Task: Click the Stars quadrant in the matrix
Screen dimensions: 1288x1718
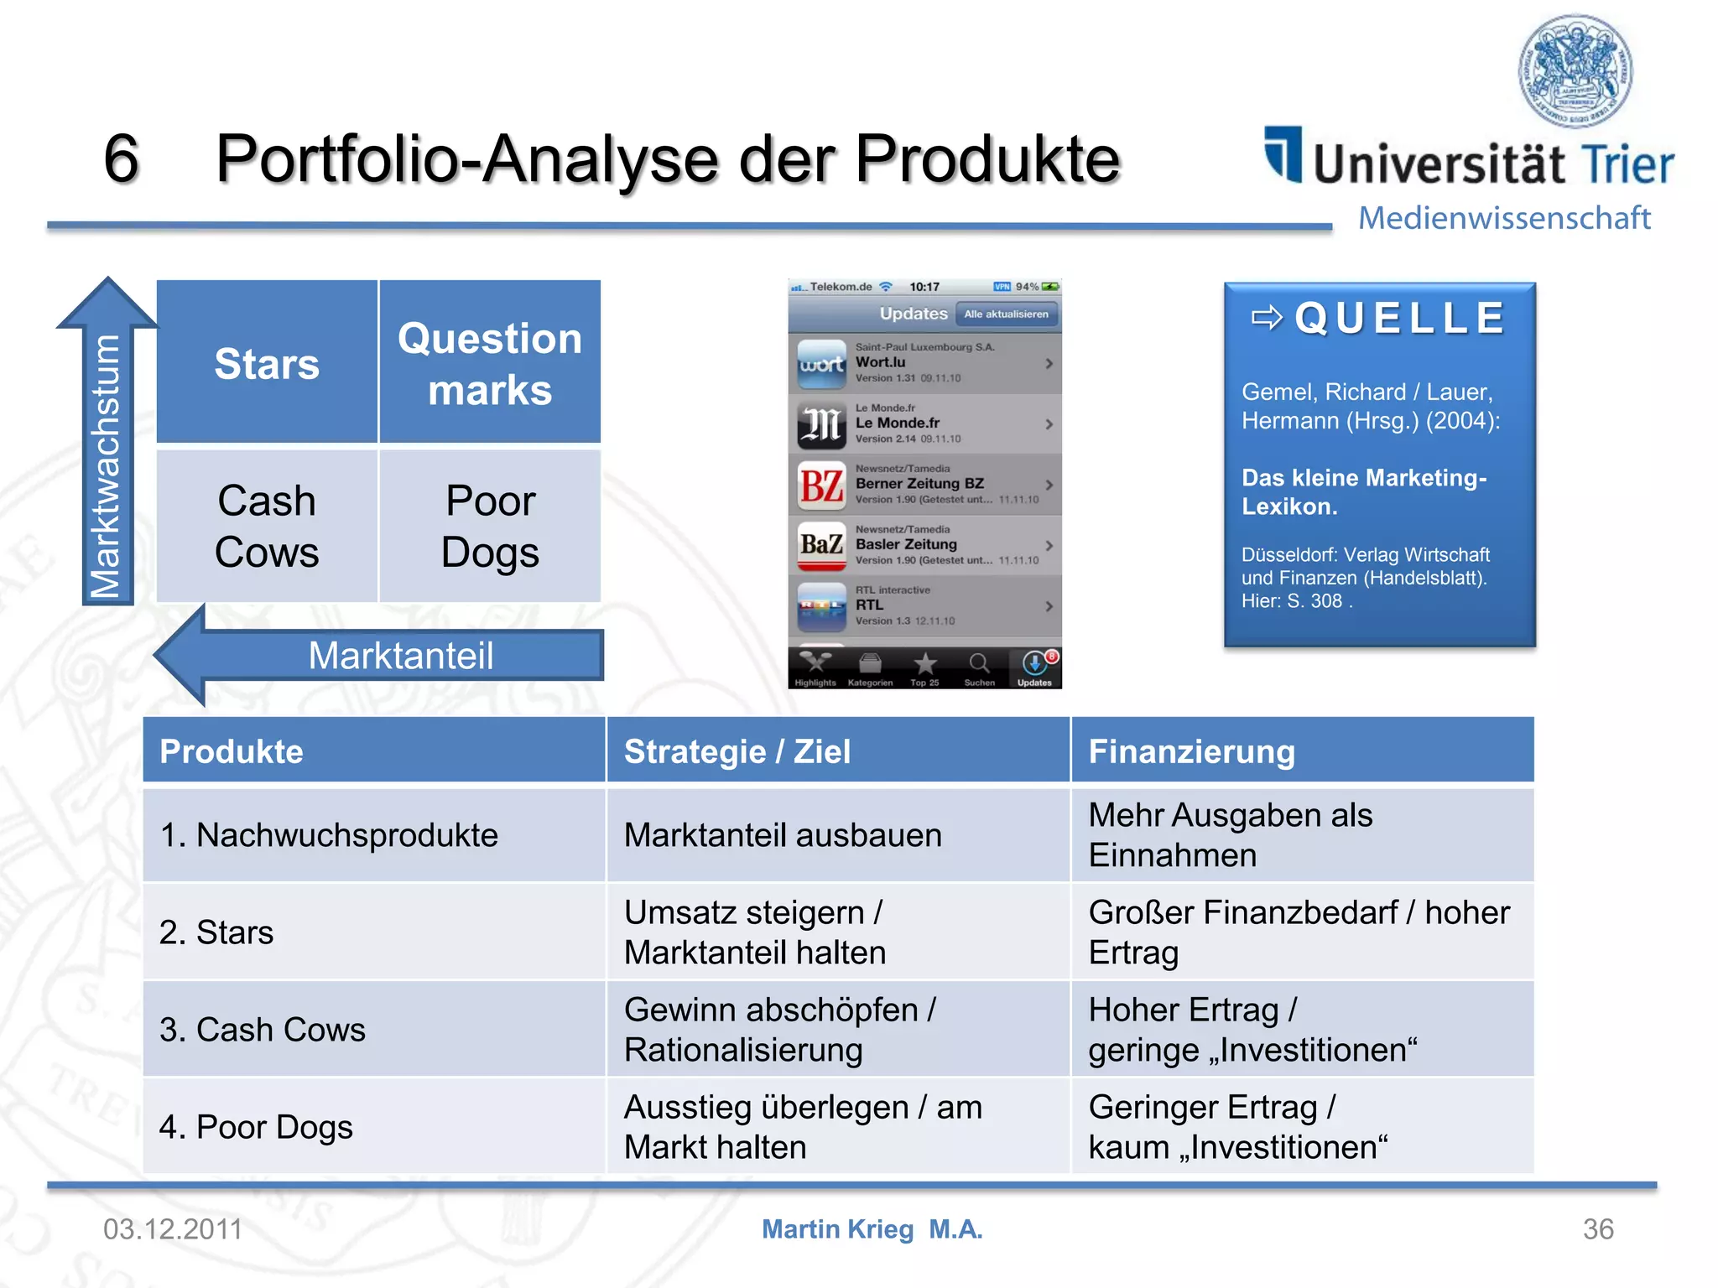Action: point(267,362)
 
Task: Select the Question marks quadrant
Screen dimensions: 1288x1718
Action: point(490,362)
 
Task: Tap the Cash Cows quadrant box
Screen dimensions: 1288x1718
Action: point(267,526)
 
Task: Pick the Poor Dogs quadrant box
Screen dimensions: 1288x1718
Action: point(490,526)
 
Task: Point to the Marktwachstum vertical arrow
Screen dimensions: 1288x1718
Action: point(107,453)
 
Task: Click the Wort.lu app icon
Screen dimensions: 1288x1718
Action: point(821,364)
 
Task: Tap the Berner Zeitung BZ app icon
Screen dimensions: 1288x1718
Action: point(821,486)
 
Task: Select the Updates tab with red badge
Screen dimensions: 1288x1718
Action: point(1035,667)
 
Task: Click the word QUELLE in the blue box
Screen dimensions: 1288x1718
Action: point(1399,319)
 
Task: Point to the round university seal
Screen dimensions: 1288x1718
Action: point(1575,70)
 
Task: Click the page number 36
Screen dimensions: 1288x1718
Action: point(1597,1229)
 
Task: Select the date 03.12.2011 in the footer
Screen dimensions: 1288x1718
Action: point(173,1229)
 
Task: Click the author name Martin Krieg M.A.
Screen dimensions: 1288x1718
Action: point(872,1229)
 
